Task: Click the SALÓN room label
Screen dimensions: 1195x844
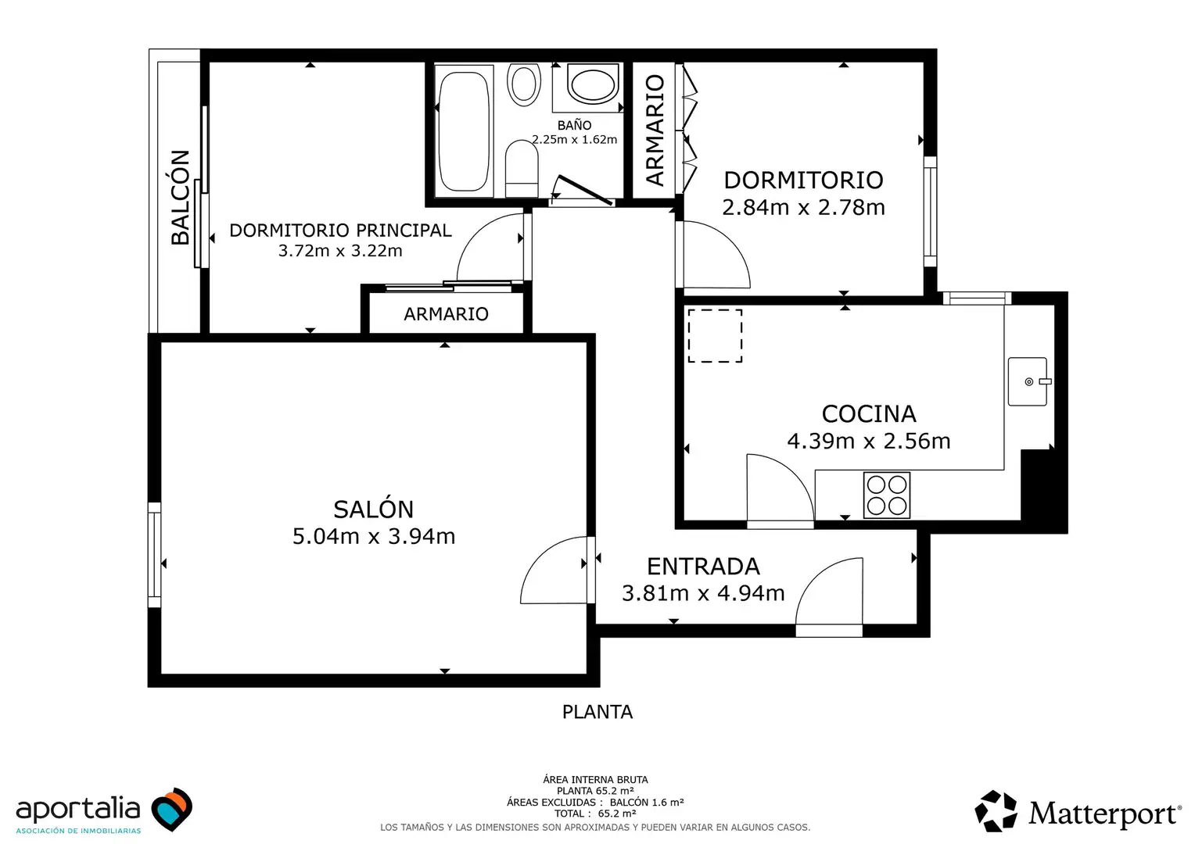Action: click(374, 510)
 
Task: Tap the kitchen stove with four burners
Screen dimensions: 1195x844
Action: click(887, 495)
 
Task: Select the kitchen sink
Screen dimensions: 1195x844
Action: click(1028, 381)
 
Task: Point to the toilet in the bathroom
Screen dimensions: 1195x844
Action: click(521, 169)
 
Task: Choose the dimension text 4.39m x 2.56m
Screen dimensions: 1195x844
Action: click(869, 441)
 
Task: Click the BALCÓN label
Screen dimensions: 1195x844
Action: click(181, 197)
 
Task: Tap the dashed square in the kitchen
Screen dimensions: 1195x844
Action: click(715, 336)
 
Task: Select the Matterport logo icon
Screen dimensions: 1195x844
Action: click(996, 811)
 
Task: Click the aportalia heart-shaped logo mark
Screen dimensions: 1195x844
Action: click(172, 809)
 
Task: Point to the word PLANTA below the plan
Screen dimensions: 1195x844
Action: click(597, 712)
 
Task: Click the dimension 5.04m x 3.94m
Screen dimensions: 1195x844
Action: click(374, 536)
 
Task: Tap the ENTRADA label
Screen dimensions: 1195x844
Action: click(703, 567)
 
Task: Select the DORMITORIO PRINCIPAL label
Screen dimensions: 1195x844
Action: click(340, 231)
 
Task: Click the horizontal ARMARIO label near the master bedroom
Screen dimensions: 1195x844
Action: click(446, 314)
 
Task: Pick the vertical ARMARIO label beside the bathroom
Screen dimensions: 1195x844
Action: click(655, 130)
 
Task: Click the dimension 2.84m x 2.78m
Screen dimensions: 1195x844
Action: click(803, 207)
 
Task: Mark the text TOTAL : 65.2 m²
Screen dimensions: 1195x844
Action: click(595, 814)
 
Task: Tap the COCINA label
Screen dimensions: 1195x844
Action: click(869, 413)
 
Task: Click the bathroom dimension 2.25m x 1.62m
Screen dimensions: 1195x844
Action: click(575, 140)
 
